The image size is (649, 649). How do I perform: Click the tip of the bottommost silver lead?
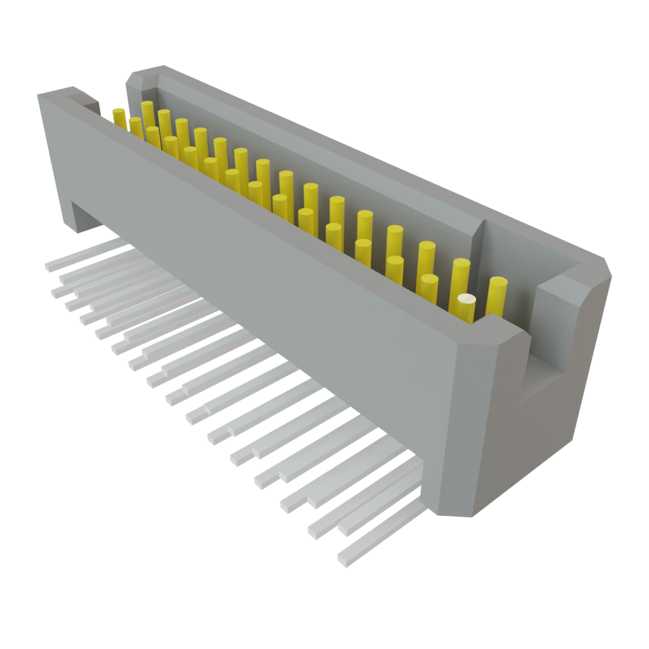coord(343,561)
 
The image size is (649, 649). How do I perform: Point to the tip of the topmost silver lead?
coord(49,266)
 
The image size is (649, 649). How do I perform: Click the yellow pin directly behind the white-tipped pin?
coord(459,273)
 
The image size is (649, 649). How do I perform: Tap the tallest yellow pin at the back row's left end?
coord(148,114)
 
